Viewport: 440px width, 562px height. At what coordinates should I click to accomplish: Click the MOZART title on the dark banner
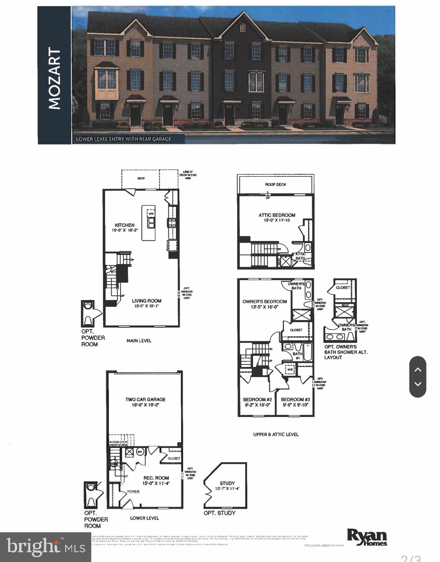tap(54, 78)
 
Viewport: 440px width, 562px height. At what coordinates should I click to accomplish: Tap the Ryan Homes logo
tap(367, 537)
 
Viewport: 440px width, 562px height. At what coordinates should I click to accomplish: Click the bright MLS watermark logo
tap(46, 547)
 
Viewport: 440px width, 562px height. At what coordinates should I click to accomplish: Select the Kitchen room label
tap(125, 225)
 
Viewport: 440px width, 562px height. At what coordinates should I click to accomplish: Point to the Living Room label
tap(146, 301)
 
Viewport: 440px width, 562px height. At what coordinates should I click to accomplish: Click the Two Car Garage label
tap(145, 400)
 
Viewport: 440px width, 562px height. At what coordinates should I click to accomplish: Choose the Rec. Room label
tap(156, 478)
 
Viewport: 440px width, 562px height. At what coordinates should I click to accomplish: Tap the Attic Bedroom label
tap(277, 215)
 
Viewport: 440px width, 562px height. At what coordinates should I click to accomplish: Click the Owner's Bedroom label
tap(264, 302)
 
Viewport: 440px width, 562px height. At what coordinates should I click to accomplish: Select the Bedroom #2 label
tap(257, 400)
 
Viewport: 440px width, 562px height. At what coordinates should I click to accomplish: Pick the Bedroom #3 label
tap(295, 400)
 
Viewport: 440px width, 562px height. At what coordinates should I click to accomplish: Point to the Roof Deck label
tap(276, 184)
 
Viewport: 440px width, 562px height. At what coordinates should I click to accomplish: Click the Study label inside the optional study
tap(227, 483)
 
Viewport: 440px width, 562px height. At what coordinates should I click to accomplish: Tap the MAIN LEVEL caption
tap(139, 340)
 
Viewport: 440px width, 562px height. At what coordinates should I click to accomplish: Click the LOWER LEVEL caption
tap(144, 518)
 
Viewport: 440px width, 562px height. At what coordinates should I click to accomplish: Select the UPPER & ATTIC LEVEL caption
tap(276, 435)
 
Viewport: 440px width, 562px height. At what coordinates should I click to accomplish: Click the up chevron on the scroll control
tap(418, 370)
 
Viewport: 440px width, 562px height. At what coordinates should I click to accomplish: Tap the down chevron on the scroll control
tap(418, 384)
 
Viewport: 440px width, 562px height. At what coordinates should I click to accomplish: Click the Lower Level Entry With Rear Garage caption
tap(124, 139)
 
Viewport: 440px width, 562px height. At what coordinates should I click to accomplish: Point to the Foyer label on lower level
tap(133, 492)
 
